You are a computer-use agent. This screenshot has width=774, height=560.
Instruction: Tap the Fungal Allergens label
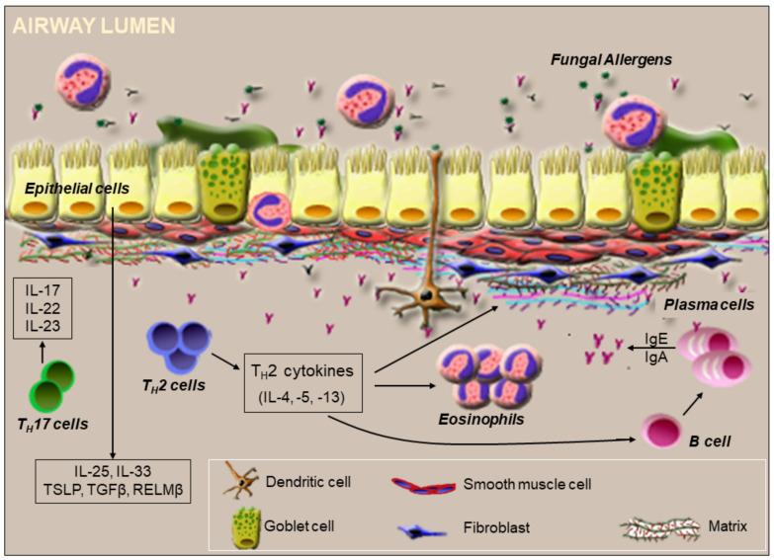click(x=612, y=60)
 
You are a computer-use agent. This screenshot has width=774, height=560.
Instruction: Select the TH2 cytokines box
click(x=302, y=384)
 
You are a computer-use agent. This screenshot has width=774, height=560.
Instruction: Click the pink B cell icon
click(x=662, y=432)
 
